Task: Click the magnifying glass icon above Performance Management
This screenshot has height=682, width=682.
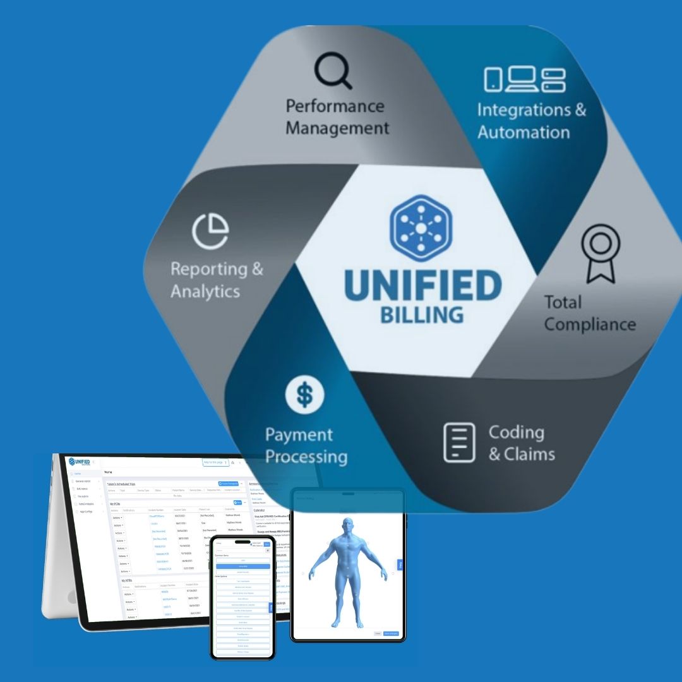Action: (333, 71)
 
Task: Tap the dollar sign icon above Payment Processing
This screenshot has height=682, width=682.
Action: (305, 395)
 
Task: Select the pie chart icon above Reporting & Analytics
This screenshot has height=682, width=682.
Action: (210, 231)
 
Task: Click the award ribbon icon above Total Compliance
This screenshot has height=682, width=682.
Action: (599, 252)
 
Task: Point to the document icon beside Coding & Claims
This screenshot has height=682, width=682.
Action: (459, 441)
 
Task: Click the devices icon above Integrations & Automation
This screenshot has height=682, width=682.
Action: (525, 80)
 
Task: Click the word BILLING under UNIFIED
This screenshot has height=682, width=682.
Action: (422, 314)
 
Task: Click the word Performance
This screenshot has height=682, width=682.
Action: (335, 105)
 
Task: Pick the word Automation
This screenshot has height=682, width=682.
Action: (523, 133)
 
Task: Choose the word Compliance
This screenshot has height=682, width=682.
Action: (590, 325)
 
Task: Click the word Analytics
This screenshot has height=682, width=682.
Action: (205, 292)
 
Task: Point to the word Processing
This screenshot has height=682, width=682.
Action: (306, 457)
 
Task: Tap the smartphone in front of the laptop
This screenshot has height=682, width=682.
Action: (242, 597)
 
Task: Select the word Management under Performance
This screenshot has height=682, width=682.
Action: (337, 128)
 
